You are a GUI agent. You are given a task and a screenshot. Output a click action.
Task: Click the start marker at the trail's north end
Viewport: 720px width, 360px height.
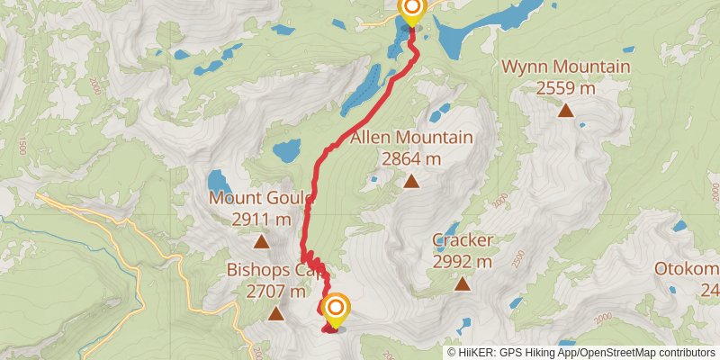pyautogui.click(x=411, y=11)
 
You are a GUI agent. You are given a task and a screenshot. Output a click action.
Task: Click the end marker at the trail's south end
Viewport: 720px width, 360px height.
pyautogui.click(x=335, y=310)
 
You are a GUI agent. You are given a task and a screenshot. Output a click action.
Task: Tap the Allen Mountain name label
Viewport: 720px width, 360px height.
pyautogui.click(x=411, y=139)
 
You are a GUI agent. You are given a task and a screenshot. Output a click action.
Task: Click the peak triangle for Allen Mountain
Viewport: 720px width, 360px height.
pyautogui.click(x=411, y=182)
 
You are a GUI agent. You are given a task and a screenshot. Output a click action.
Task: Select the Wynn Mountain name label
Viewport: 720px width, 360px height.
pyautogui.click(x=565, y=67)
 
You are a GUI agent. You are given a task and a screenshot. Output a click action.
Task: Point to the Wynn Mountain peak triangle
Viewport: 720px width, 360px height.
pyautogui.click(x=565, y=111)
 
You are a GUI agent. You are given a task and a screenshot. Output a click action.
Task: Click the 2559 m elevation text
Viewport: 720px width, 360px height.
pyautogui.click(x=565, y=88)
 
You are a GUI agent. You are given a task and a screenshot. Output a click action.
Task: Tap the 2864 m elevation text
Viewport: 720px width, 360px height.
pyautogui.click(x=411, y=159)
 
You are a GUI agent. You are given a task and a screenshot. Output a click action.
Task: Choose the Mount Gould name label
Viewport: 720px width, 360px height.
pyautogui.click(x=261, y=198)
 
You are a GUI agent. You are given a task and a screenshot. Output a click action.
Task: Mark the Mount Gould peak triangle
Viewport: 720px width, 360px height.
pyautogui.click(x=261, y=241)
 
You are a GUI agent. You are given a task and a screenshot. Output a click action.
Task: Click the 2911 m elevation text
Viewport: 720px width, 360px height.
pyautogui.click(x=261, y=219)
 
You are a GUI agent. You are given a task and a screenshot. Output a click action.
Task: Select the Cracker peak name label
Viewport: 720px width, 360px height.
pyautogui.click(x=462, y=240)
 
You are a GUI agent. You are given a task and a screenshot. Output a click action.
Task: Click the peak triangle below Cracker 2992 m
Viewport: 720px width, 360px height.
pyautogui.click(x=462, y=283)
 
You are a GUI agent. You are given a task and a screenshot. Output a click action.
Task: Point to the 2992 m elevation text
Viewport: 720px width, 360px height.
pyautogui.click(x=462, y=262)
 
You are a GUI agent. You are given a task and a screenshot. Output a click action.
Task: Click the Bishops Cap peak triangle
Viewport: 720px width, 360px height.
pyautogui.click(x=274, y=313)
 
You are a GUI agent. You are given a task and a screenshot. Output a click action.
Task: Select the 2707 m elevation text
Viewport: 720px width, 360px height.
pyautogui.click(x=274, y=291)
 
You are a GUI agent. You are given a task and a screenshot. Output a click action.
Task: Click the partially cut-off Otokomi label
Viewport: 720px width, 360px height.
pyautogui.click(x=687, y=269)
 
